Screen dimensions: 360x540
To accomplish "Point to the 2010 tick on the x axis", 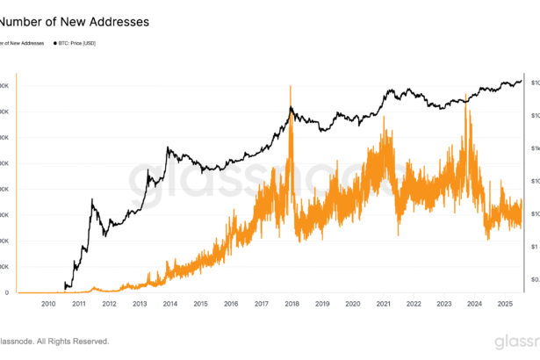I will point(48,303).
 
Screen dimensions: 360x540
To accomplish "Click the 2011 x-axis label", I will point(79,303).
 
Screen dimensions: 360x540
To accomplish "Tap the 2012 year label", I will point(109,303).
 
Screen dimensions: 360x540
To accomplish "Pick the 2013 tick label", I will point(140,303).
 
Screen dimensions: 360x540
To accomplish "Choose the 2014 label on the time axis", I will point(170,303).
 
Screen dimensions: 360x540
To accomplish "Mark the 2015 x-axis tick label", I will point(200,303).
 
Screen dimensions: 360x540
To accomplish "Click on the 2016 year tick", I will point(231,303).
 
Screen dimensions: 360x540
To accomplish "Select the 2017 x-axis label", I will point(262,303).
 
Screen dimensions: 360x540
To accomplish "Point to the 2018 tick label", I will point(292,303).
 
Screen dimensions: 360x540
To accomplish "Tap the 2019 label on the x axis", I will point(322,303).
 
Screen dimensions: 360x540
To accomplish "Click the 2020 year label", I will point(352,303).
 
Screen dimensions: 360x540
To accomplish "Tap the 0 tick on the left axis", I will point(6,292).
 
